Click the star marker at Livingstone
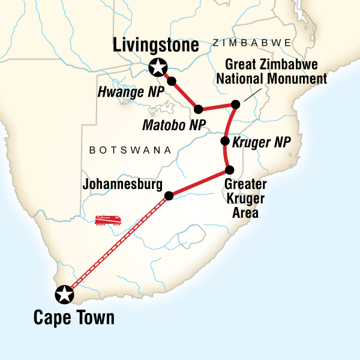point(158,68)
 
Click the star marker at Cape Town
point(64,295)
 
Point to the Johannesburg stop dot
point(169,195)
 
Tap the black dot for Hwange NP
point(172,81)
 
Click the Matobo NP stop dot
point(197,109)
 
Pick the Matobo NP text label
point(174,125)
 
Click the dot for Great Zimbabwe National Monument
point(236,104)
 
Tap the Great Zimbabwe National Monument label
point(276,73)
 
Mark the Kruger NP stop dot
point(225,142)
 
